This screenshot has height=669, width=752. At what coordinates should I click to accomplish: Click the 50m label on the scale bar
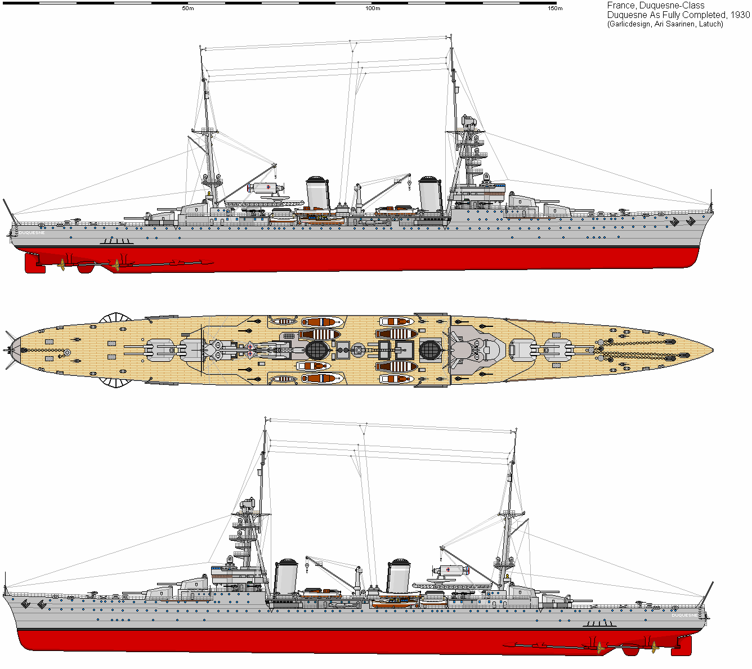point(188,8)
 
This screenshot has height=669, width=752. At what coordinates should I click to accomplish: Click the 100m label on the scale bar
point(372,8)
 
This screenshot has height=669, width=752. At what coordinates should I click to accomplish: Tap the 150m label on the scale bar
point(555,8)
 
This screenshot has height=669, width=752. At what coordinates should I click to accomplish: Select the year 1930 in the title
point(738,15)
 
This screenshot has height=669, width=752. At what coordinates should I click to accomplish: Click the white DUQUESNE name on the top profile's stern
point(32,232)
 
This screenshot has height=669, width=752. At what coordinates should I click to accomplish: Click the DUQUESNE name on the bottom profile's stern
point(684,615)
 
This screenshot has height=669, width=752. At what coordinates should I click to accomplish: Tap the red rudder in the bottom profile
point(681,646)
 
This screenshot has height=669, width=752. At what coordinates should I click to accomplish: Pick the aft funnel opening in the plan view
point(316,349)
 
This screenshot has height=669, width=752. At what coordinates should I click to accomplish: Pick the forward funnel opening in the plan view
point(429,349)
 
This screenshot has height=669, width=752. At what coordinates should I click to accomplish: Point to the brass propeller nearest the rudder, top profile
point(61,263)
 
